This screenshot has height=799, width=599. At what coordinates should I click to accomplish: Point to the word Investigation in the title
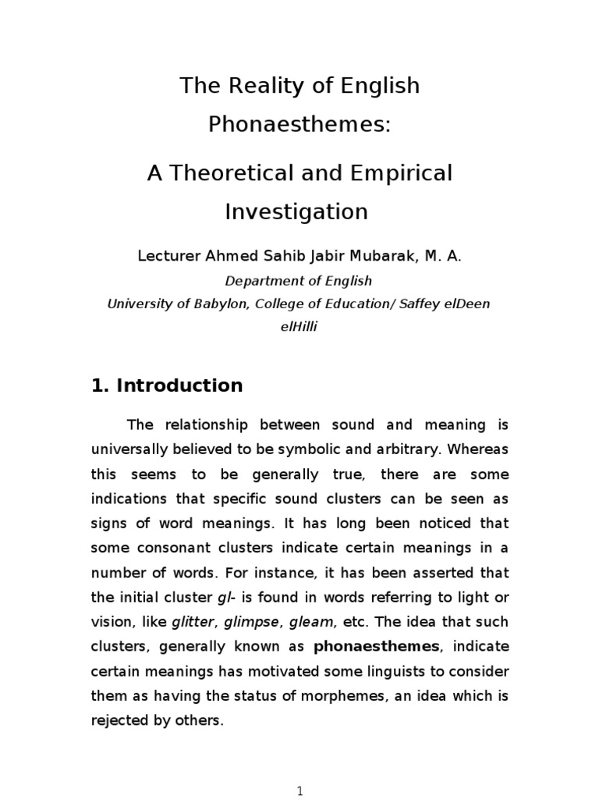click(x=296, y=211)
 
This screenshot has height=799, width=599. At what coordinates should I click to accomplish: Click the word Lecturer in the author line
click(x=167, y=256)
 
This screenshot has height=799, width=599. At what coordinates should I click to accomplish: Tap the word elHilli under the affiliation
click(x=299, y=327)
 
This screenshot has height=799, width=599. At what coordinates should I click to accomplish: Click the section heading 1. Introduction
click(x=167, y=385)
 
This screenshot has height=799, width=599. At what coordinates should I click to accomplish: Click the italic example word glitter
click(x=192, y=622)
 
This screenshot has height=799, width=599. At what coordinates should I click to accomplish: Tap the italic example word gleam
click(x=311, y=622)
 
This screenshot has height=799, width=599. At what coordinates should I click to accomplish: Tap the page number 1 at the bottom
click(x=299, y=790)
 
